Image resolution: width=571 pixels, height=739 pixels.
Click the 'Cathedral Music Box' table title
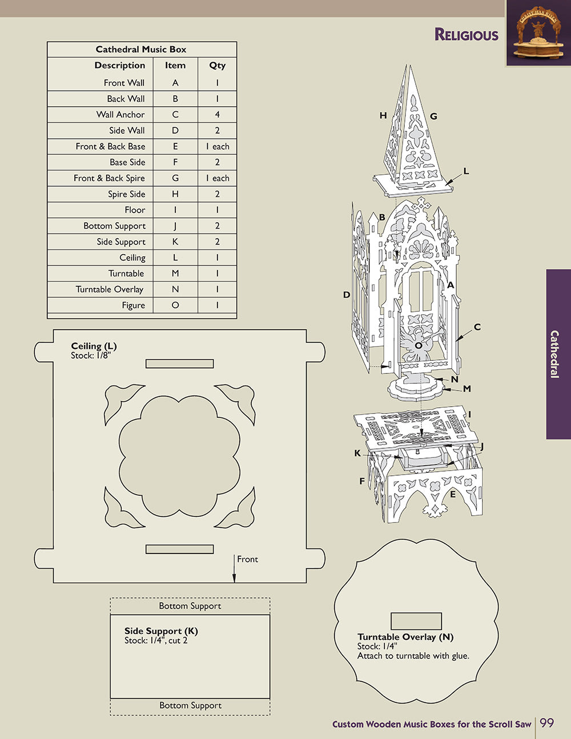click(x=141, y=50)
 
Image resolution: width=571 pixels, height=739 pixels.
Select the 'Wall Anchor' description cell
click(x=120, y=115)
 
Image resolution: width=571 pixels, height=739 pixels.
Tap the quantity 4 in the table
click(x=217, y=115)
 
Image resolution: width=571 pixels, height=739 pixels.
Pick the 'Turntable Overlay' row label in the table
click(x=110, y=290)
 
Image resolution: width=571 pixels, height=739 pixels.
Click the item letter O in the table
click(x=175, y=306)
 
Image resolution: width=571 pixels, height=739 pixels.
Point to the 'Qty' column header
click(x=217, y=66)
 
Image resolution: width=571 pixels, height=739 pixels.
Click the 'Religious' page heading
click(x=466, y=35)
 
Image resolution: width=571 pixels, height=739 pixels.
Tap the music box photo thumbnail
click(x=538, y=33)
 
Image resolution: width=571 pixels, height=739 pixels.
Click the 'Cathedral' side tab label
click(x=554, y=354)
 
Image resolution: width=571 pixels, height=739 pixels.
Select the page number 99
click(x=546, y=723)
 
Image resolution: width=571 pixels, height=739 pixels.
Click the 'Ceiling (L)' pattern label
click(x=94, y=346)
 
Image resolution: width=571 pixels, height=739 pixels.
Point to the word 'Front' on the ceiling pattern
click(x=247, y=560)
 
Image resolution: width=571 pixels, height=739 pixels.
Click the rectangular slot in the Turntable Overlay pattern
click(x=416, y=621)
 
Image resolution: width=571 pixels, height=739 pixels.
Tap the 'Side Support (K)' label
click(x=161, y=631)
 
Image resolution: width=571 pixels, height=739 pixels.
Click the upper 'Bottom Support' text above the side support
click(x=190, y=606)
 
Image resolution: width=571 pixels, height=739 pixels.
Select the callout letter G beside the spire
click(x=433, y=117)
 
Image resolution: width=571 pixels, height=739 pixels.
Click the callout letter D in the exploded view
click(x=347, y=295)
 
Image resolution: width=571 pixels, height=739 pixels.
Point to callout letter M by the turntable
click(x=467, y=389)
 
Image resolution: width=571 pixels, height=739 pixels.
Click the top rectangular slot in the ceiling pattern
click(x=179, y=364)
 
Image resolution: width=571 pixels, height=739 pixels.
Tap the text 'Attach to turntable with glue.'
click(x=413, y=656)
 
